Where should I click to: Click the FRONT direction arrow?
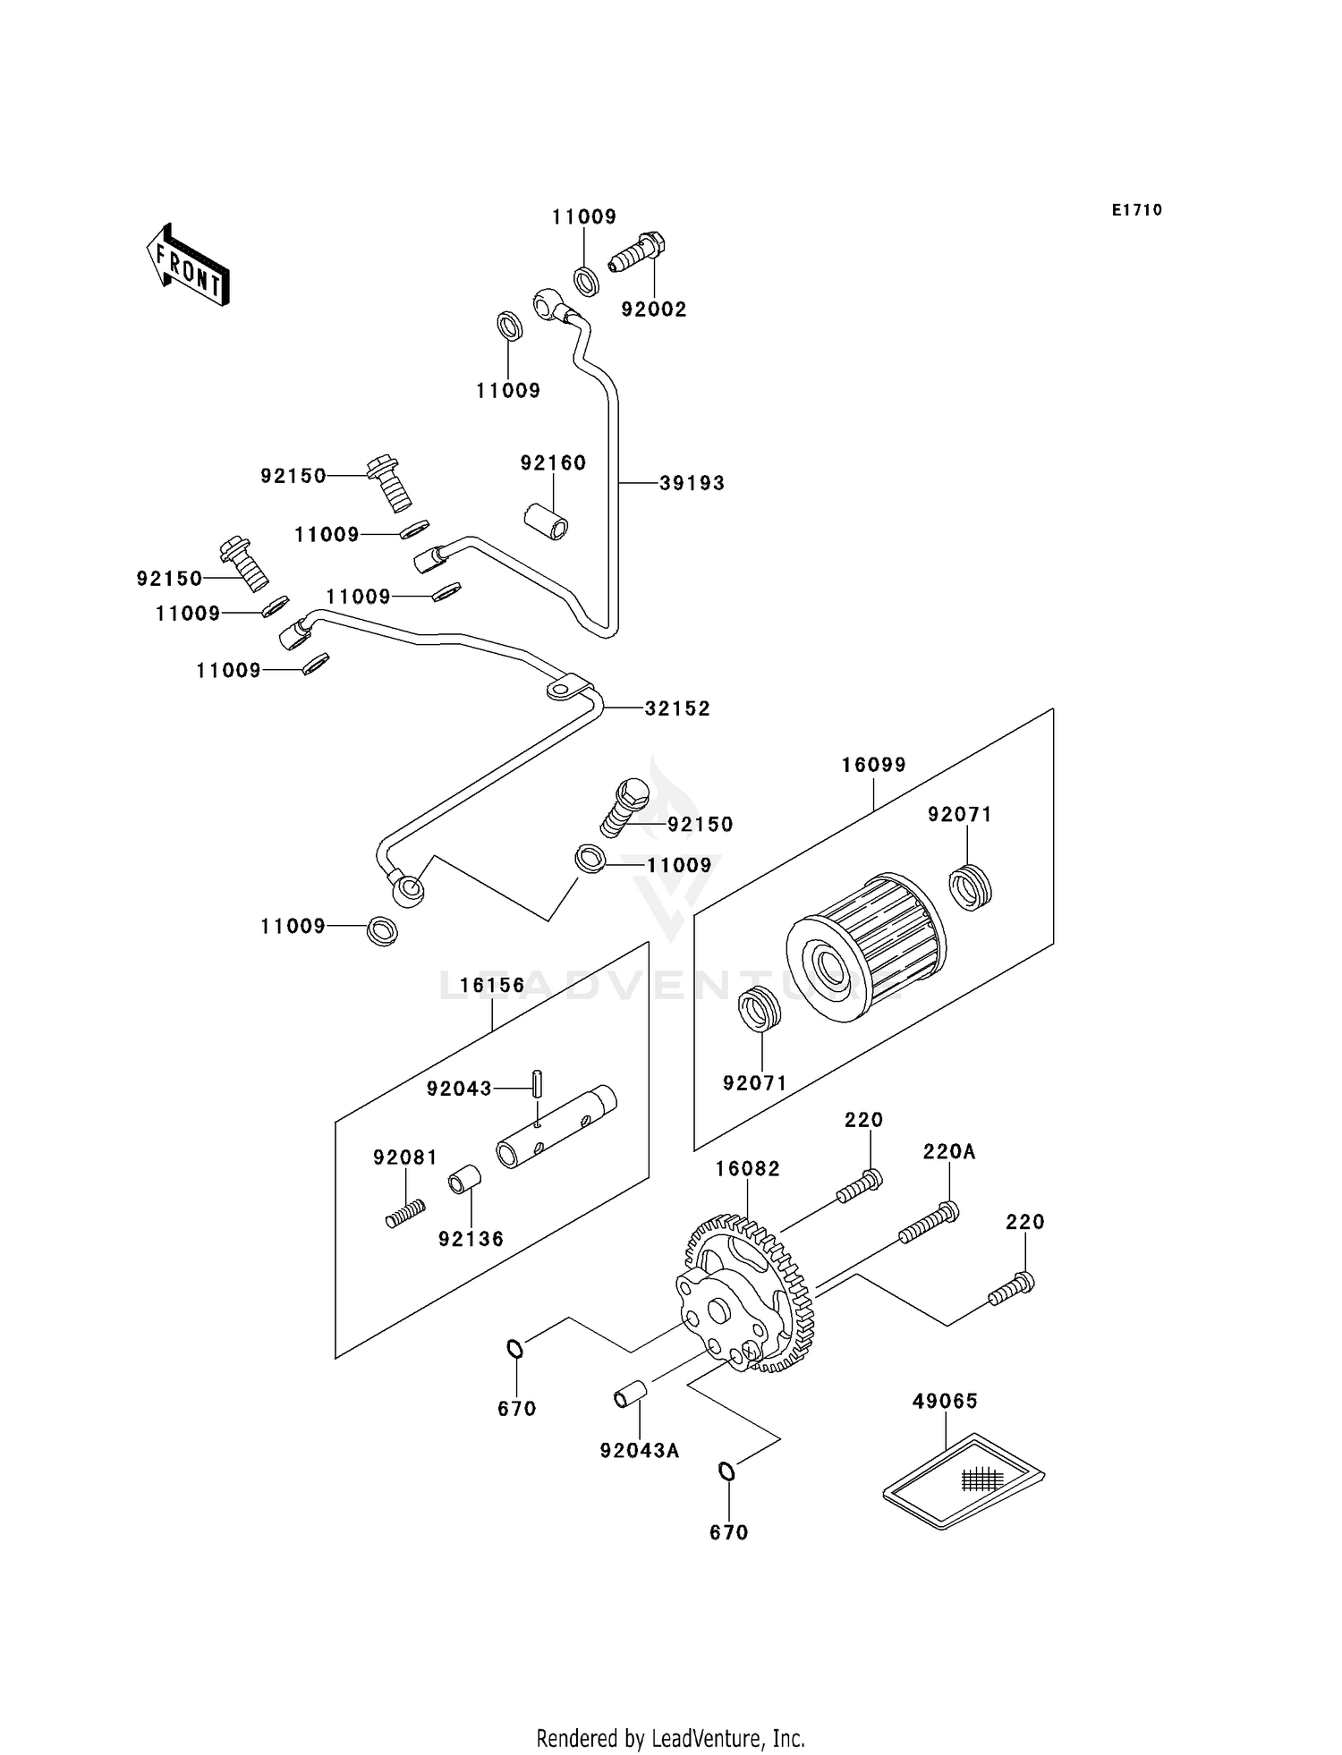tap(188, 265)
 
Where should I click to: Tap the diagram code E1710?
tap(1137, 210)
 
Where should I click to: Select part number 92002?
tap(654, 309)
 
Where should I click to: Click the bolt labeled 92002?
tap(638, 251)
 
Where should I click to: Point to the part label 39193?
tap(692, 483)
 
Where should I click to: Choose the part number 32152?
tap(677, 708)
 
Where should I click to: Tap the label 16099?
tap(874, 765)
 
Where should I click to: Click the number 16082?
tap(748, 1169)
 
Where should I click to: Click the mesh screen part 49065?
tap(964, 1480)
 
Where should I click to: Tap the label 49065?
tap(946, 1402)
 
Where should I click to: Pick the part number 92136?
tap(471, 1240)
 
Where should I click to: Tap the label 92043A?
tap(640, 1451)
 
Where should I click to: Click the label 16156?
tap(493, 986)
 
